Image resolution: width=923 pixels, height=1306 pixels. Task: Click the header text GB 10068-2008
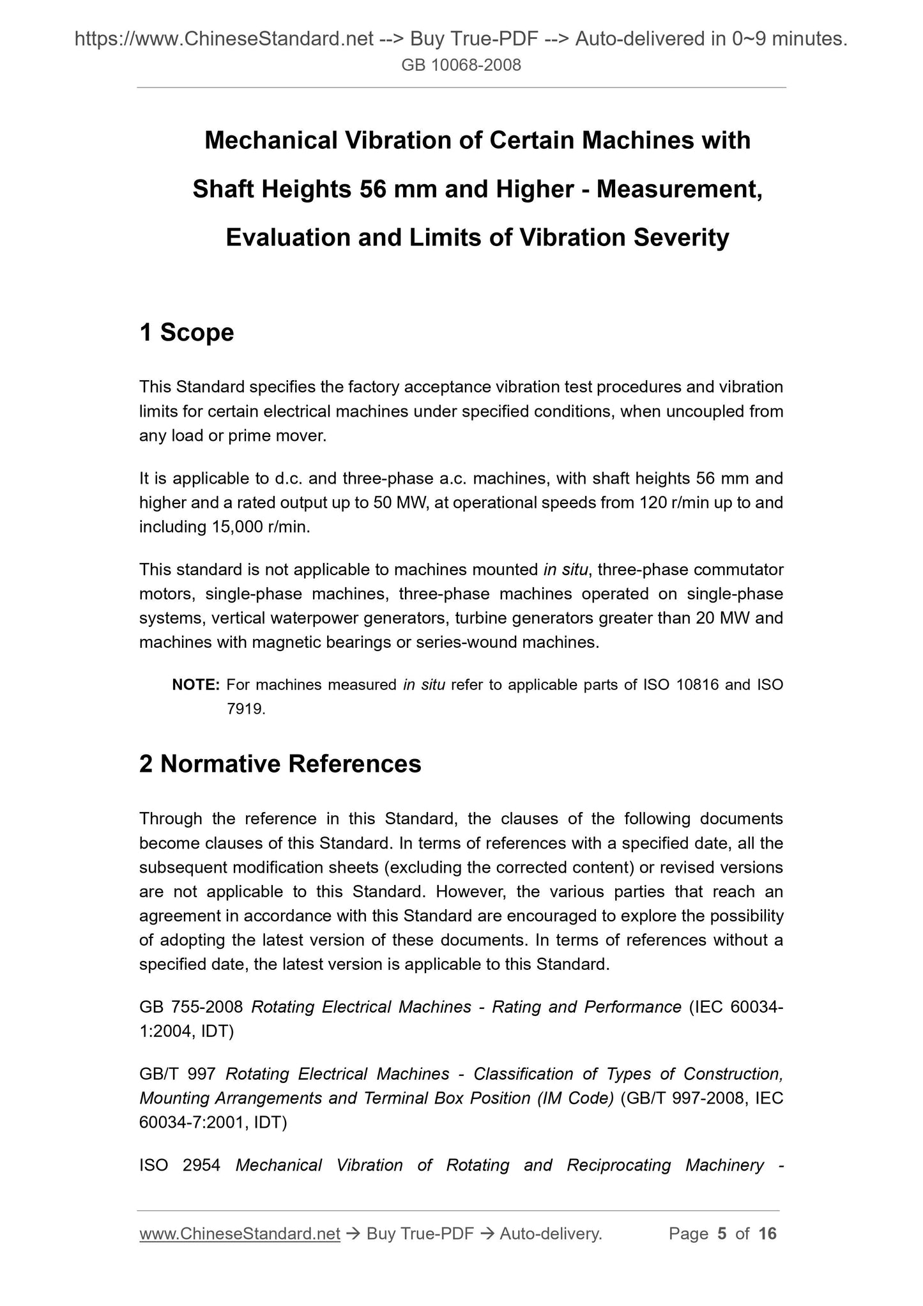pos(461,65)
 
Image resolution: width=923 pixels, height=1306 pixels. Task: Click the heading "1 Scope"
pos(187,332)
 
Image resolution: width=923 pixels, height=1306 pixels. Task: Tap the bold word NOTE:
pos(196,685)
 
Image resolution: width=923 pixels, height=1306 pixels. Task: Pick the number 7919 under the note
pos(245,709)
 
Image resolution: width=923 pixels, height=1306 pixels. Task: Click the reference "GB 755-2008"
pos(191,1007)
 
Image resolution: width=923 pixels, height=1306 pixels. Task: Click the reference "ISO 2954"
pos(179,1165)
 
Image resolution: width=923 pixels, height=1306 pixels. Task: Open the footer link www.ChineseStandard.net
pos(240,1234)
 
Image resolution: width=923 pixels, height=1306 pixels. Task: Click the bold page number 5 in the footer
pos(722,1234)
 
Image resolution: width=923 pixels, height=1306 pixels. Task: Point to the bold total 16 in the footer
pos(767,1234)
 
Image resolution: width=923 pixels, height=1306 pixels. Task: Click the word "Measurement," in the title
pos(679,188)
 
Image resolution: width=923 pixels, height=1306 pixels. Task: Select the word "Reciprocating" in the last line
pos(618,1165)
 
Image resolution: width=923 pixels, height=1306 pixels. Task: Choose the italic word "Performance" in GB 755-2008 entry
pos(632,1007)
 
